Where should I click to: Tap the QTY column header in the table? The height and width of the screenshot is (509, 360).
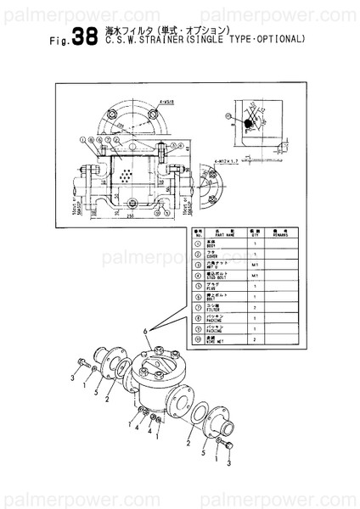(255, 232)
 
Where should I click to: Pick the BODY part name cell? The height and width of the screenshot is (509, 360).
(222, 243)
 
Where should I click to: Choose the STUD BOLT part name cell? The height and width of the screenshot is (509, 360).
(222, 277)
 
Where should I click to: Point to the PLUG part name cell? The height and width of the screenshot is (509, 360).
(222, 287)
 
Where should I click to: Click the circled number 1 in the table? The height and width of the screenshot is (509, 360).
(197, 243)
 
